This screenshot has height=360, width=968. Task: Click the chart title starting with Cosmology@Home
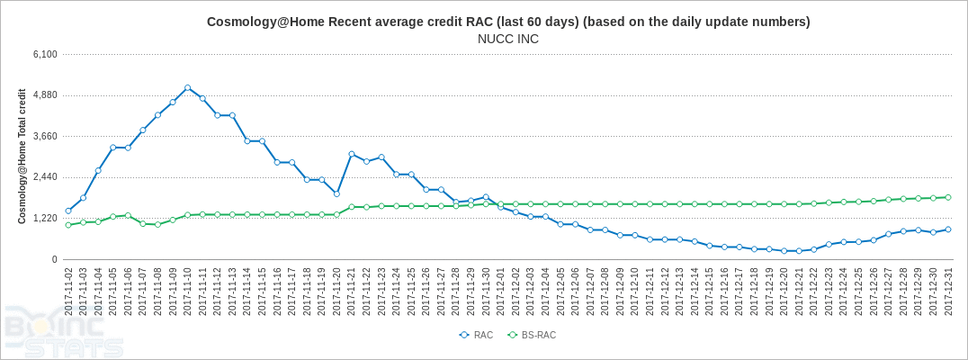[508, 22]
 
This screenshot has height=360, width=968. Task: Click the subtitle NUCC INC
[508, 39]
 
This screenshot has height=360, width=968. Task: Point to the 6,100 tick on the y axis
[44, 54]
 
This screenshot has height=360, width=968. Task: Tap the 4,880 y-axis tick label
[44, 95]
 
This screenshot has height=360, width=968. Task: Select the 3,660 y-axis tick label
[44, 136]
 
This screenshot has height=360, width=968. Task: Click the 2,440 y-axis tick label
[44, 177]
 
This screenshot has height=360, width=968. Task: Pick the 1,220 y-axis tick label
[44, 219]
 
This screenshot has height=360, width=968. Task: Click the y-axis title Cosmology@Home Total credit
[22, 157]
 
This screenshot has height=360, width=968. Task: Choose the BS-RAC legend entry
[532, 335]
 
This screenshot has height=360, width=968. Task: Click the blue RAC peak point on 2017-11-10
[187, 88]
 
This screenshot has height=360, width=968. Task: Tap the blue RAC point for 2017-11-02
[68, 211]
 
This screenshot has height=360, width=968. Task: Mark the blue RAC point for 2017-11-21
[352, 154]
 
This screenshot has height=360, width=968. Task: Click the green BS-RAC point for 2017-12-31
[948, 197]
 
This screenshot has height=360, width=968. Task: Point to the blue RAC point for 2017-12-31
[948, 229]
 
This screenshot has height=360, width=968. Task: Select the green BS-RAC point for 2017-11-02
[68, 225]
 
